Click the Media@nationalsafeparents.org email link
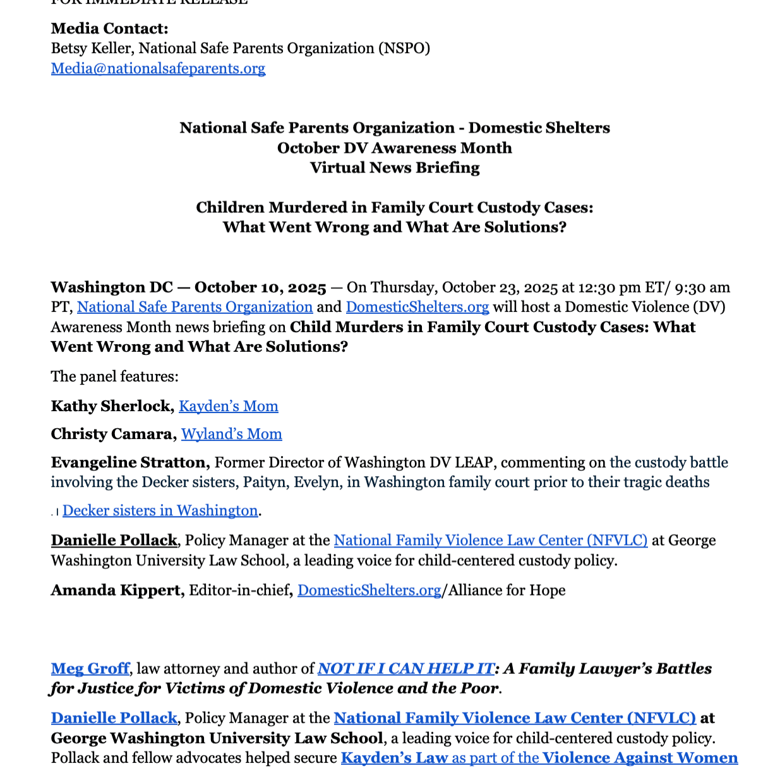158,68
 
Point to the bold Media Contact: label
109,28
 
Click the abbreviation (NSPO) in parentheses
404,49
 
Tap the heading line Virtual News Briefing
395,167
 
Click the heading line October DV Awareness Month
395,148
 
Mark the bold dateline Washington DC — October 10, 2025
188,287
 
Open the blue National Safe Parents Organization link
195,307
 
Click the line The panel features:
115,376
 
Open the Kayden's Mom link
229,406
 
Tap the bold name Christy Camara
113,434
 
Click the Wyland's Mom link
232,434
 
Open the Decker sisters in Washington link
160,510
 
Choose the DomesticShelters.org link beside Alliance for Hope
369,590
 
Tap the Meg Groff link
90,668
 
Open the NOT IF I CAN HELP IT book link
405,668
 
